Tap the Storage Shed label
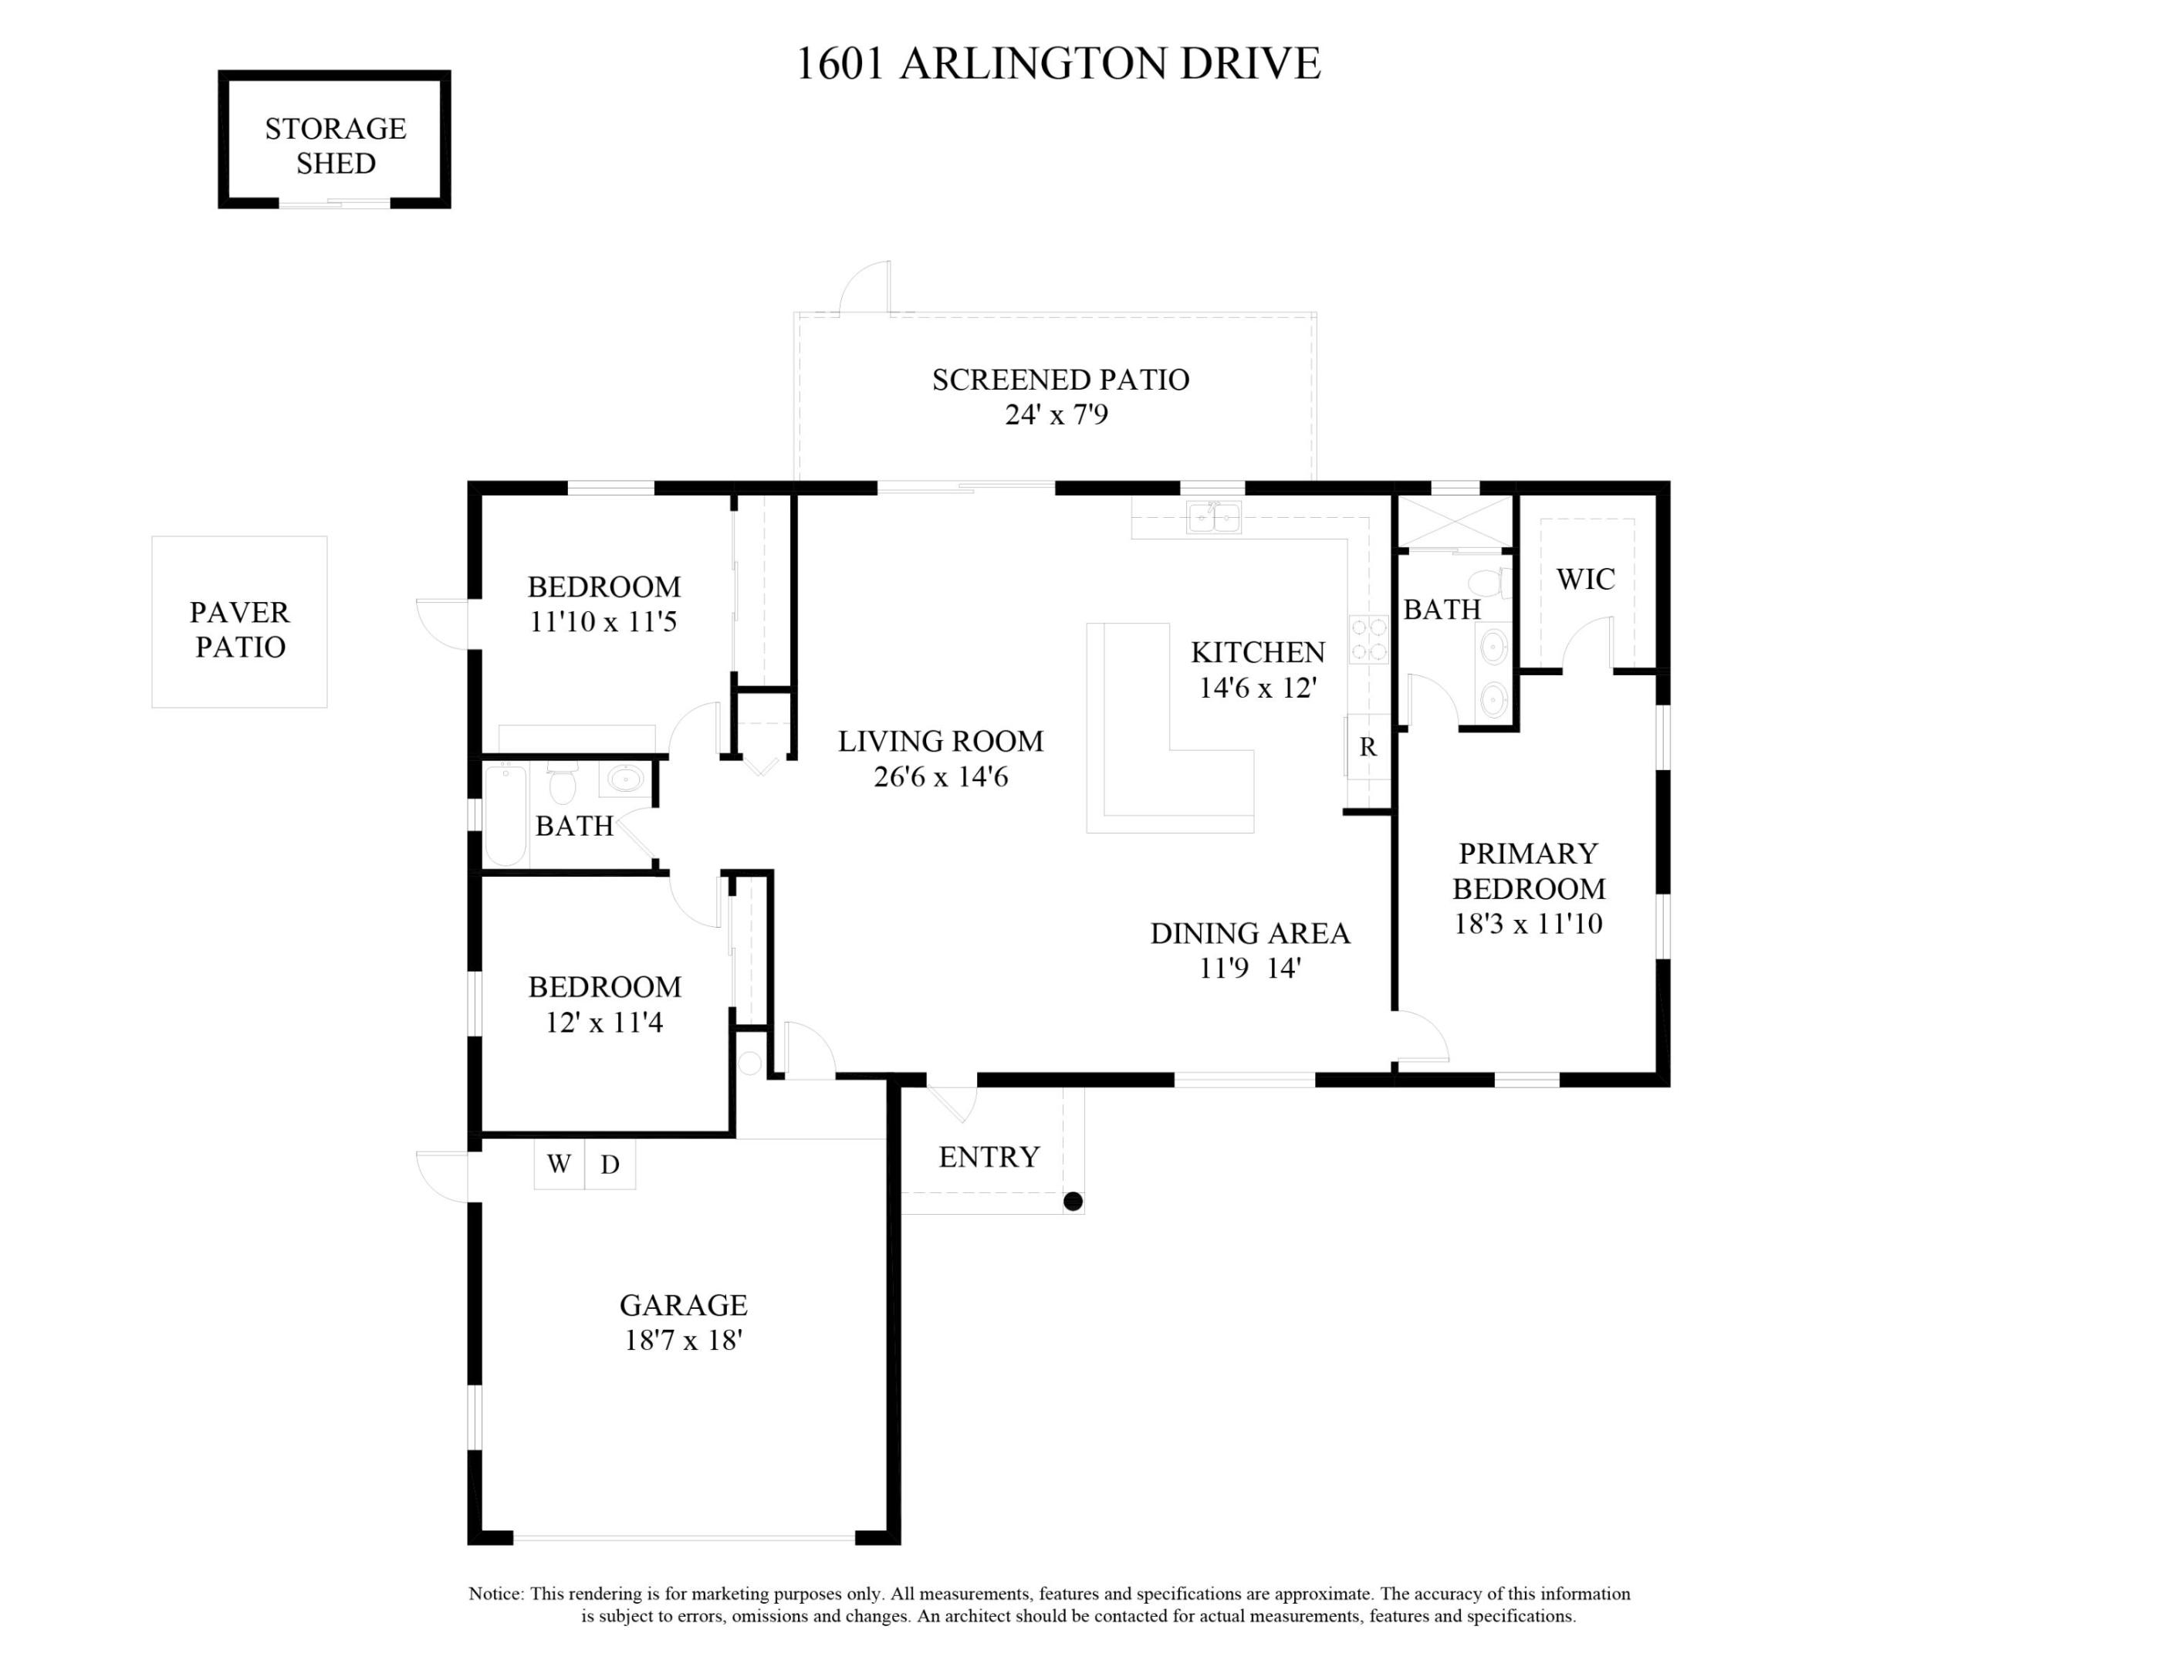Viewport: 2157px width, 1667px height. [336, 145]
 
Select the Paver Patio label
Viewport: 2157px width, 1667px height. [240, 629]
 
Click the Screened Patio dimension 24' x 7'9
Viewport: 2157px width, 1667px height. [1057, 414]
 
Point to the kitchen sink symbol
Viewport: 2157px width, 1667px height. [1214, 516]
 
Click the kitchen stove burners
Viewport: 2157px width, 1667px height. [1369, 639]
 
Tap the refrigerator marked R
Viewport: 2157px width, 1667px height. [1368, 746]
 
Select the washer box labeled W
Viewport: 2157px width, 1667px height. [559, 1165]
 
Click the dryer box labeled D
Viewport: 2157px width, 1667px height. [610, 1165]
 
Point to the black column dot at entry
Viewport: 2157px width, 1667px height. [1073, 1202]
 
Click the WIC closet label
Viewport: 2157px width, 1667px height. [1585, 579]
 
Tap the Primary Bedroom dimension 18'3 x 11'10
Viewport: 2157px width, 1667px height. [1528, 923]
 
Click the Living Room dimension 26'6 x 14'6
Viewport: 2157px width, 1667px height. [940, 777]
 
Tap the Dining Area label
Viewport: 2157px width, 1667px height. [1249, 933]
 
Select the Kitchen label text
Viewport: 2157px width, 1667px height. [1257, 652]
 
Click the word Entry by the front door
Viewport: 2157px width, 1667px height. [989, 1156]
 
